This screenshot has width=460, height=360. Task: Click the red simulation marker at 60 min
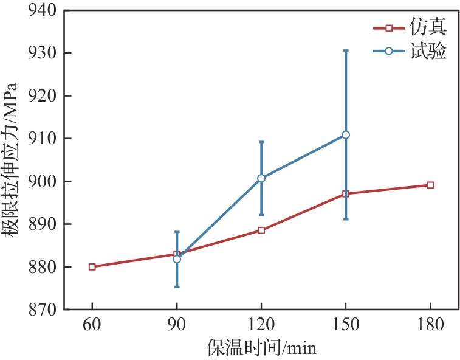click(x=92, y=267)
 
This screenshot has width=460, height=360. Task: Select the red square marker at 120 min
click(x=261, y=230)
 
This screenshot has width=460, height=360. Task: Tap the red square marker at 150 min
click(x=346, y=194)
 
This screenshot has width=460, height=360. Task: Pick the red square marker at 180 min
click(x=430, y=185)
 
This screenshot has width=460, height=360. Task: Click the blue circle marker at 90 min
click(x=177, y=259)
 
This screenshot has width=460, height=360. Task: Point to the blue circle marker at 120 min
click(x=261, y=178)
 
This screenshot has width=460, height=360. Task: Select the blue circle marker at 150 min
click(x=346, y=134)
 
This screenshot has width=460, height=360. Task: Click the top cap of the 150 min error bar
click(x=346, y=50)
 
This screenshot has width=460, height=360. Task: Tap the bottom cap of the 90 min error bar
click(x=177, y=286)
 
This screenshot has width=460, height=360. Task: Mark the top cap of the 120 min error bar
click(x=261, y=142)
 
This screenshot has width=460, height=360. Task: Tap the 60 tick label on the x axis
click(x=92, y=326)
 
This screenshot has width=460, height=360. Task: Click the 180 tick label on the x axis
click(x=430, y=326)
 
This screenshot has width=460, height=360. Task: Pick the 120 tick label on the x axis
click(x=261, y=326)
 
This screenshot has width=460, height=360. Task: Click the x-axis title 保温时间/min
click(x=261, y=348)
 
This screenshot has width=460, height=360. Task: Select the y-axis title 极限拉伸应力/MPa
click(x=13, y=159)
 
